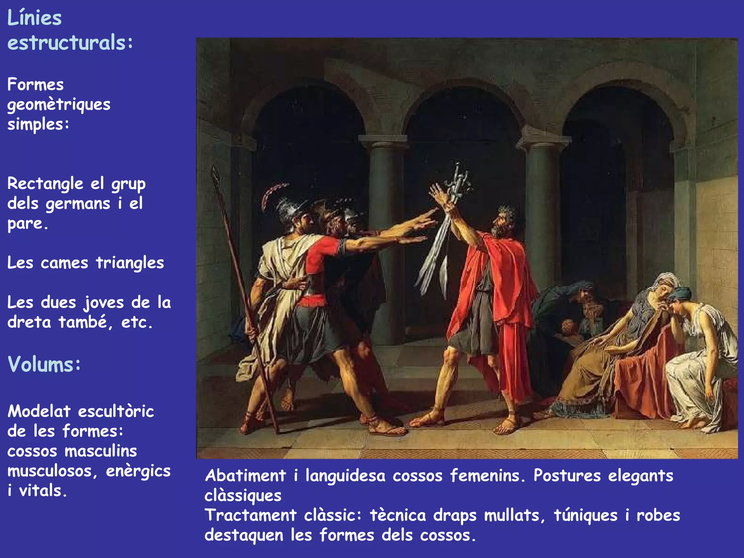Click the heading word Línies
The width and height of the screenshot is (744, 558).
pos(35,18)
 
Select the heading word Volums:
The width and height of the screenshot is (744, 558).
pos(44,364)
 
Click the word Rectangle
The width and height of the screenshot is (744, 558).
pos(45,183)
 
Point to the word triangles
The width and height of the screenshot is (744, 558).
pos(130,263)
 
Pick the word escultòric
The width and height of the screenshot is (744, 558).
pos(116,412)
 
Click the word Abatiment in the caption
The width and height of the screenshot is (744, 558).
pos(246,476)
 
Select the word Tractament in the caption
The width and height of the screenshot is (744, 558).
pos(251,515)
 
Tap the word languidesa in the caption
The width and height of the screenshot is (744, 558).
pos(345,476)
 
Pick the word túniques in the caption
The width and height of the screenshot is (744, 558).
pos(585,515)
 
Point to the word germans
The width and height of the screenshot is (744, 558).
pos(78,204)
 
